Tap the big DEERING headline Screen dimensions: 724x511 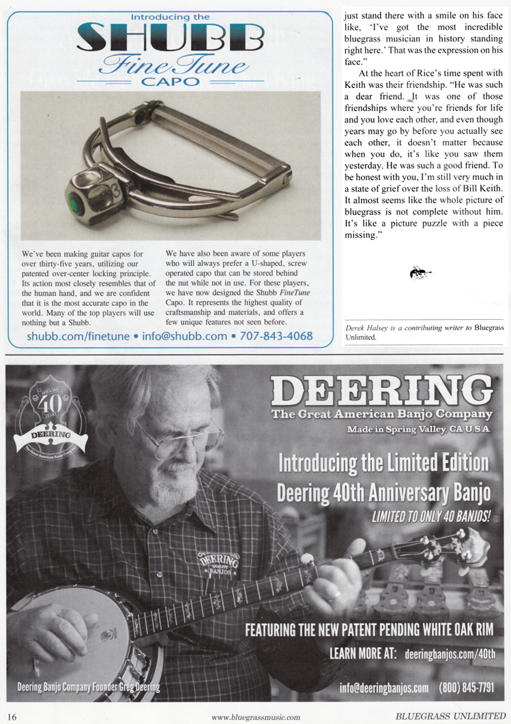pyautogui.click(x=381, y=391)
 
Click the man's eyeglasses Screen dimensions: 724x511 pyautogui.click(x=179, y=437)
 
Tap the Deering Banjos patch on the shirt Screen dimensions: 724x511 pyautogui.click(x=218, y=559)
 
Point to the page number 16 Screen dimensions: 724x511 pyautogui.click(x=13, y=716)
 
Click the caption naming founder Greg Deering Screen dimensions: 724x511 pyautogui.click(x=89, y=686)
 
